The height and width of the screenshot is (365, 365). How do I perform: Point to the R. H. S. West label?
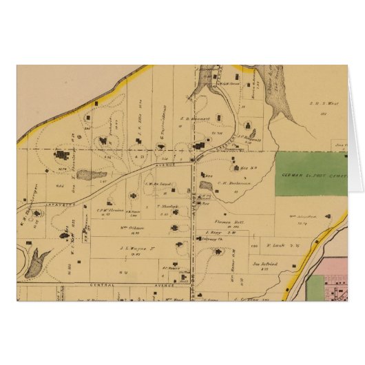point(321,103)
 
